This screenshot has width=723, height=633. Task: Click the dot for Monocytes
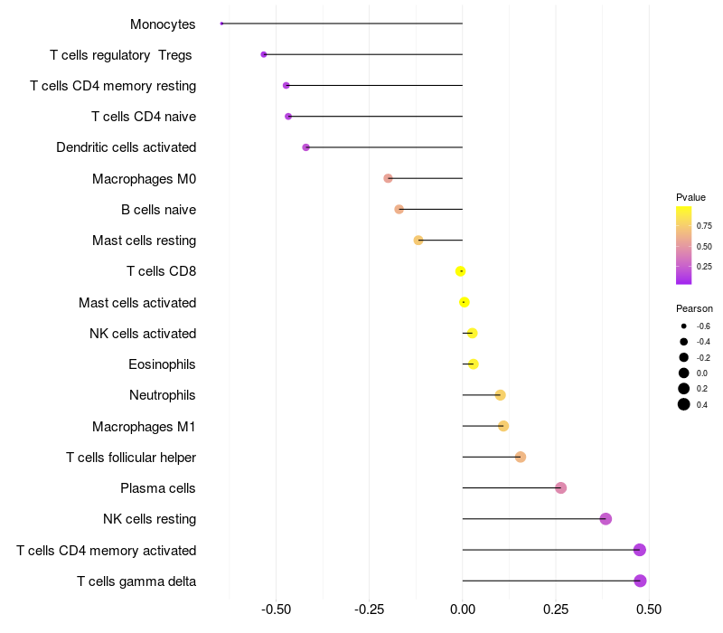(221, 24)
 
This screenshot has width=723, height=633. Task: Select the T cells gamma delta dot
(640, 581)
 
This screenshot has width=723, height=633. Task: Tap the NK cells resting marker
(606, 519)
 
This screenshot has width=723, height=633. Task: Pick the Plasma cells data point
(560, 488)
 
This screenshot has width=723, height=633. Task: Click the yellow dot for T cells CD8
(461, 271)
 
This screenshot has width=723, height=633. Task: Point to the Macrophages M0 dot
(388, 178)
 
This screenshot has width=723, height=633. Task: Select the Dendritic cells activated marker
(305, 147)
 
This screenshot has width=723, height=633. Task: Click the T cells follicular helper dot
(521, 457)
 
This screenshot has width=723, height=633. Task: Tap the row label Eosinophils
(162, 364)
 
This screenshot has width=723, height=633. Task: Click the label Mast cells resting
(144, 241)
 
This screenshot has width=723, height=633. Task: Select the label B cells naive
(158, 210)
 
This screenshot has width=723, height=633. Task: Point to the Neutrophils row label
(163, 395)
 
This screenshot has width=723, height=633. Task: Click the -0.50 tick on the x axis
(276, 610)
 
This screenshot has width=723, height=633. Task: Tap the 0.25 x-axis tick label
(556, 610)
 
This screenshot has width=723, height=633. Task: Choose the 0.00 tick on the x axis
(463, 610)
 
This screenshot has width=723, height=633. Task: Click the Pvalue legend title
(690, 197)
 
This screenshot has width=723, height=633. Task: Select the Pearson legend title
(694, 308)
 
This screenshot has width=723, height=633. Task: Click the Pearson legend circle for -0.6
(684, 326)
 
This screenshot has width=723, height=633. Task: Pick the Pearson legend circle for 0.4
(684, 404)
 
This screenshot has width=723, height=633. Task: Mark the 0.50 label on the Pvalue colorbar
(704, 246)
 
